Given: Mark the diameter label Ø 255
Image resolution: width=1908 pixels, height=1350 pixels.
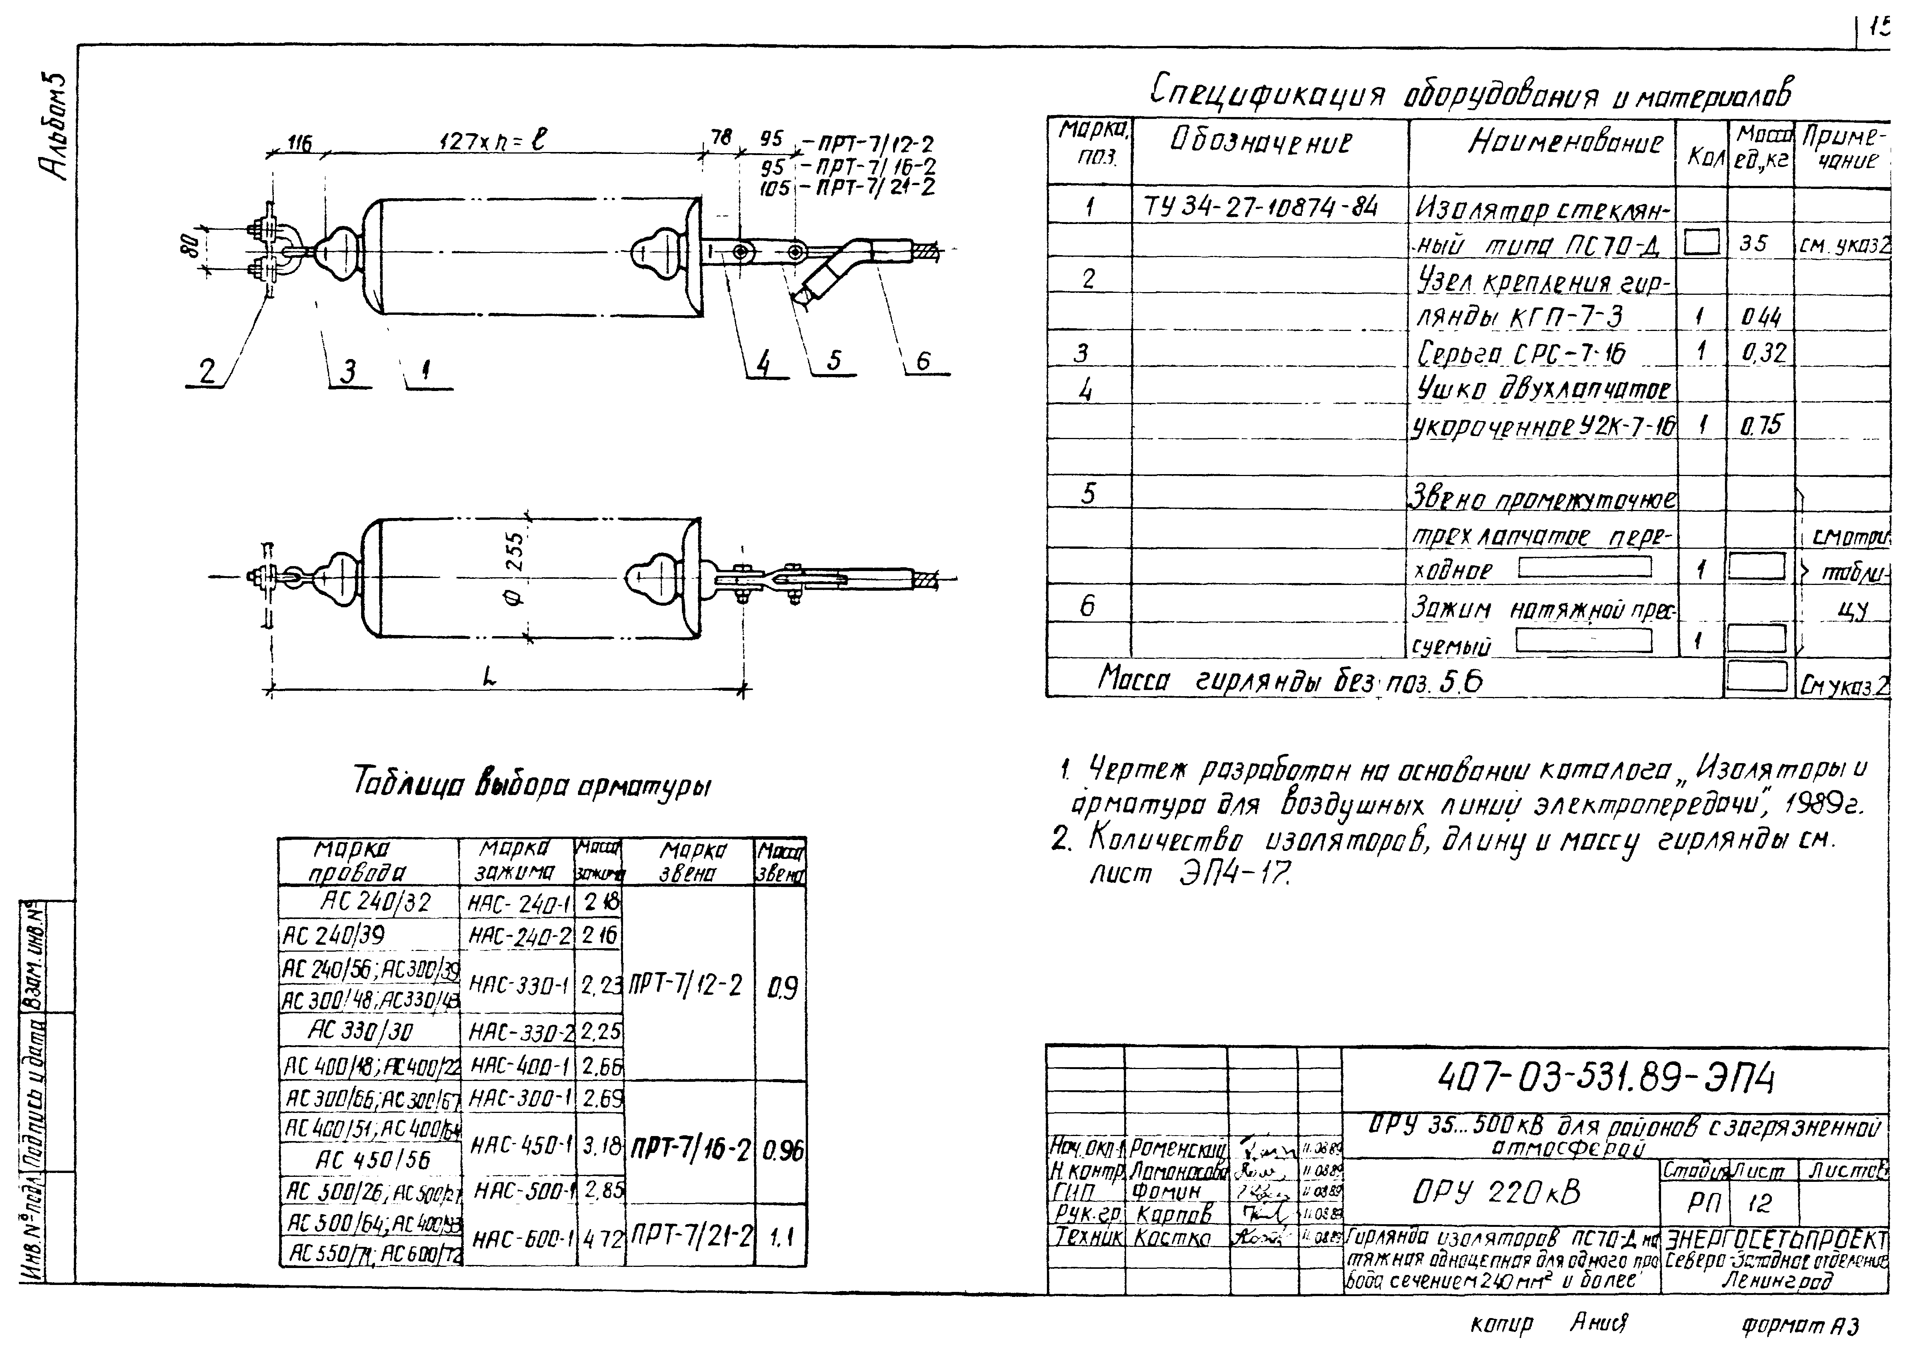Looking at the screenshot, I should tap(515, 569).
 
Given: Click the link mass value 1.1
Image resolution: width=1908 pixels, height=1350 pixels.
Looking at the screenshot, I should tap(781, 1238).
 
